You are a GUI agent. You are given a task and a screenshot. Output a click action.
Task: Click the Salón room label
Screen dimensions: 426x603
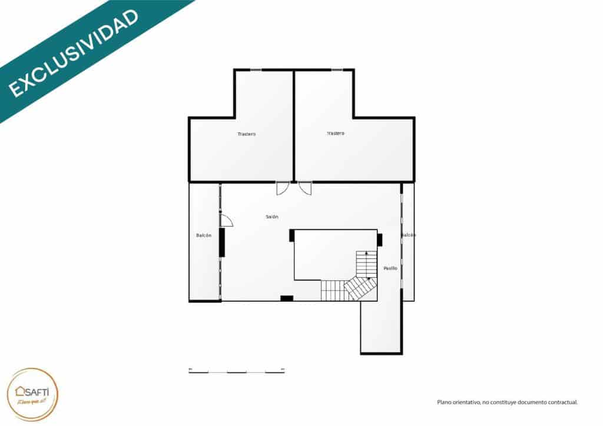click(272, 217)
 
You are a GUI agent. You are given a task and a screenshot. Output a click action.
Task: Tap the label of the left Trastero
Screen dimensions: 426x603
click(247, 134)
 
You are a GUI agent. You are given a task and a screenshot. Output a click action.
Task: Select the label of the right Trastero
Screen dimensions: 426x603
click(336, 134)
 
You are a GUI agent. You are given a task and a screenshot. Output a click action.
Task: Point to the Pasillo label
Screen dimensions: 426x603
click(390, 268)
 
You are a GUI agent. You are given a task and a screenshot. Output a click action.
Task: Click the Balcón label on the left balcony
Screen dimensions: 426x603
click(204, 235)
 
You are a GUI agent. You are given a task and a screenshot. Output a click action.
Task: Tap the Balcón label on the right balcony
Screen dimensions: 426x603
click(409, 235)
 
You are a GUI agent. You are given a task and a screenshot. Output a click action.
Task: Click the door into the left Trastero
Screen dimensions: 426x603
click(283, 188)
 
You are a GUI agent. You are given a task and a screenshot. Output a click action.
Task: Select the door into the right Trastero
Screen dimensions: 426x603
click(305, 188)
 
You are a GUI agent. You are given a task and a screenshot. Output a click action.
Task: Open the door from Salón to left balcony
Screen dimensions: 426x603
click(226, 221)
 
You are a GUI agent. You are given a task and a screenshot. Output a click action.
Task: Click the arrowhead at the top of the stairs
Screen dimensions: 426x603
click(367, 252)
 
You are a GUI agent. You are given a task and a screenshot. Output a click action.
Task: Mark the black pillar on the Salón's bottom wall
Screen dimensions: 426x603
click(287, 298)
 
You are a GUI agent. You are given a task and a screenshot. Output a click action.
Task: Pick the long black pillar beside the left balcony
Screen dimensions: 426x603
click(222, 242)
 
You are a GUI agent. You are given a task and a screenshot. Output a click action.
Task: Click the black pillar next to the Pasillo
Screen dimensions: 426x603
click(380, 239)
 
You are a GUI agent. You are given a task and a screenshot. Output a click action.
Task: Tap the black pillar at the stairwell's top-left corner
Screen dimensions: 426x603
click(292, 235)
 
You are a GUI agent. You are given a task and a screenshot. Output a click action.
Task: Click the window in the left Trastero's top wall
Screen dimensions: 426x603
click(256, 70)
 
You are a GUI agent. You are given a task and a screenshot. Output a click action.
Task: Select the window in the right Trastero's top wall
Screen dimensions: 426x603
click(337, 70)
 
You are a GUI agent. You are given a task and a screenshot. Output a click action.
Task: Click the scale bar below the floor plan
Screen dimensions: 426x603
click(237, 371)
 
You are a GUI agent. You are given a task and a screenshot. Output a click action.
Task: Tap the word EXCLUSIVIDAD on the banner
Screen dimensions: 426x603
click(74, 53)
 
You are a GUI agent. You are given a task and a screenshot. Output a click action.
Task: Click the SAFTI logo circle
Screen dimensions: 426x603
click(33, 394)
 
